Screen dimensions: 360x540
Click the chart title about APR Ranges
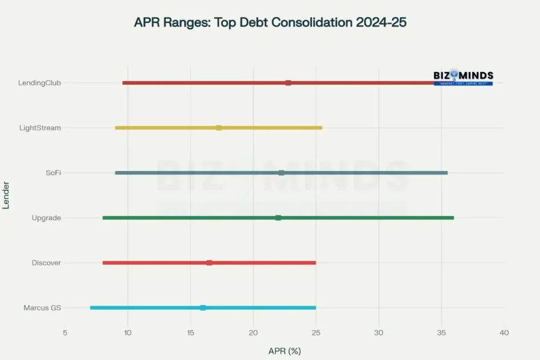tap(270, 23)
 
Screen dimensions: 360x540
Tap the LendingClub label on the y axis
tap(39, 83)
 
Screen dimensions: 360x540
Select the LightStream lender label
tap(40, 128)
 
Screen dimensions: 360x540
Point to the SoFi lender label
tap(53, 173)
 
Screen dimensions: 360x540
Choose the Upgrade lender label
tap(46, 218)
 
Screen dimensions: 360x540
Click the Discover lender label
tap(46, 263)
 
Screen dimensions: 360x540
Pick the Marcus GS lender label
tap(42, 308)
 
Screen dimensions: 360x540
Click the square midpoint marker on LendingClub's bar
tap(288, 83)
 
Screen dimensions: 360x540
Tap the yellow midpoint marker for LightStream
tap(219, 128)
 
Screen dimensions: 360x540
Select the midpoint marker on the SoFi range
tap(281, 173)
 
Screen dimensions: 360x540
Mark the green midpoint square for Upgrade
tap(278, 218)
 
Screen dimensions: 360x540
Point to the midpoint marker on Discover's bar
tap(209, 263)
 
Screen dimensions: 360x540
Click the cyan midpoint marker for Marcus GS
tap(203, 308)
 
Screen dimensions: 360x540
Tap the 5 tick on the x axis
tap(65, 333)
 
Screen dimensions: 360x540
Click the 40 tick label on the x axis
tap(503, 333)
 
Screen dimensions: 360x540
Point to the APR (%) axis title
tap(285, 350)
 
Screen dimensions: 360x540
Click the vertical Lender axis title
tap(6, 195)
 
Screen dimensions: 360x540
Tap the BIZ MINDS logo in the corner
tap(463, 77)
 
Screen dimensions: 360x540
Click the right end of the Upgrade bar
tap(453, 218)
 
